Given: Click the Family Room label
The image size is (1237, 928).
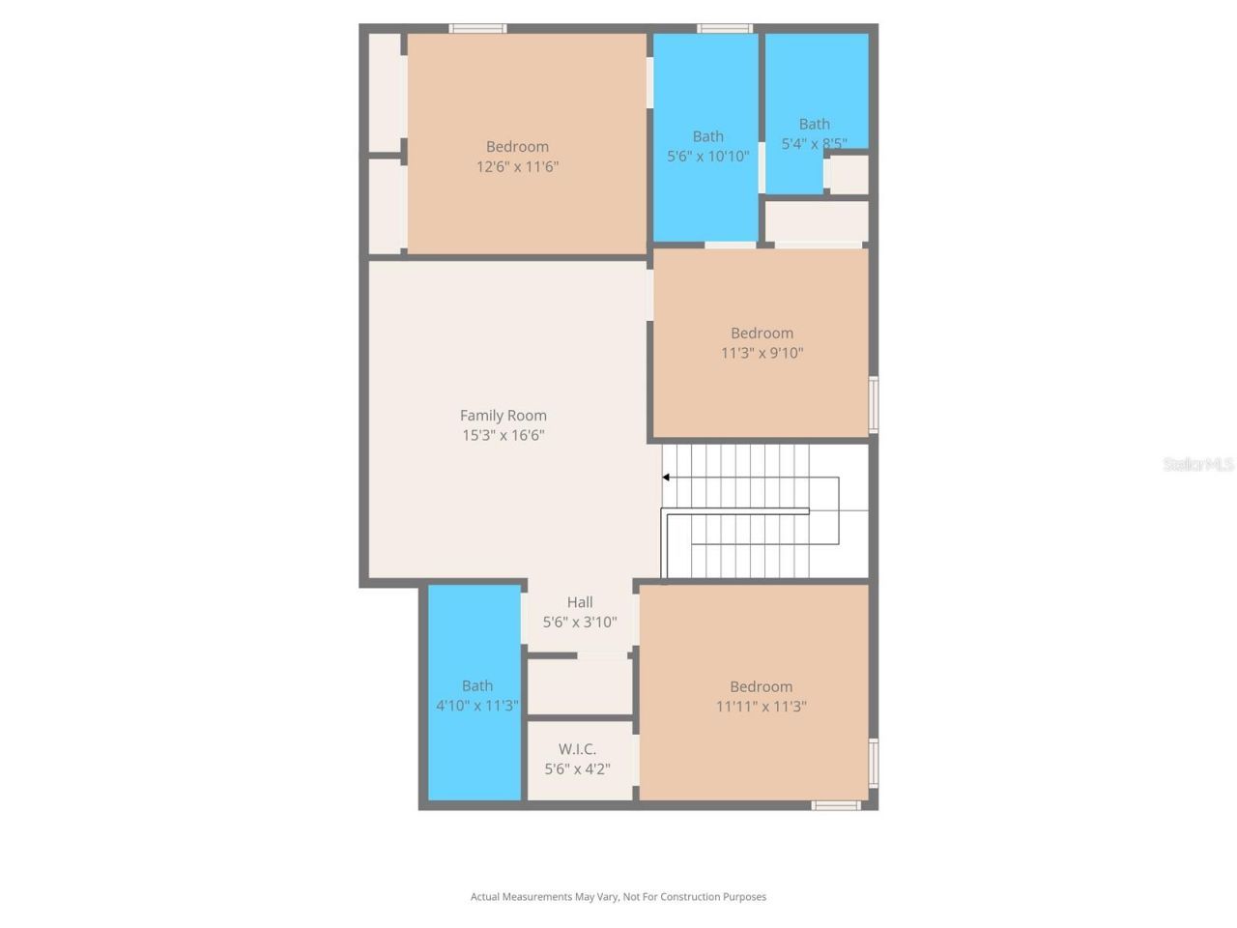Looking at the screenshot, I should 503,416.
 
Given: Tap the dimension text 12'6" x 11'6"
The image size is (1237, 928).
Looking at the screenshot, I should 517,166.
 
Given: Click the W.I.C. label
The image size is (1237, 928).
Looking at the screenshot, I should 577,749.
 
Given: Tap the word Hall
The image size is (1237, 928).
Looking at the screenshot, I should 580,602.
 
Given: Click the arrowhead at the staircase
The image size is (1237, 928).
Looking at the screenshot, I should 666,478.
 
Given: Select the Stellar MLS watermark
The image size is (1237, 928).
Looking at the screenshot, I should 1197,465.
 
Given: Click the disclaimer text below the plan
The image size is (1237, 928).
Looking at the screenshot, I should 618,897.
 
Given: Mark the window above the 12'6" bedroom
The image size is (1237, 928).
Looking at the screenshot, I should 477,28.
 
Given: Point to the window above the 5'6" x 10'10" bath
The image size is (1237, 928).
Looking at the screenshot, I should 725,28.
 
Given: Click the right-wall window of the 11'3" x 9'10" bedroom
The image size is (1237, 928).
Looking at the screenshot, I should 874,404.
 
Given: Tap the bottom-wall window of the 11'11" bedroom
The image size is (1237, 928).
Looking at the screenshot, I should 836,804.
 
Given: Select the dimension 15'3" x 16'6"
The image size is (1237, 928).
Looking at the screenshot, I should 503,436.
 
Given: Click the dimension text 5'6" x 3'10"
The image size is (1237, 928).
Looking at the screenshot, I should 580,623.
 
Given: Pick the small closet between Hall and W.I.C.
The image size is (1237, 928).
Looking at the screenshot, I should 579,686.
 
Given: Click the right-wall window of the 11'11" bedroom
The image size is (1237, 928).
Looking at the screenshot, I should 874,764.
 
